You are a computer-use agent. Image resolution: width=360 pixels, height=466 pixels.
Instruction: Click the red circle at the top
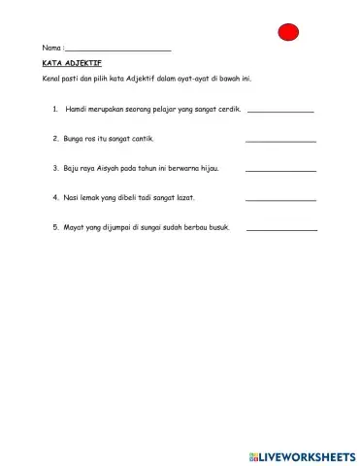[289, 32]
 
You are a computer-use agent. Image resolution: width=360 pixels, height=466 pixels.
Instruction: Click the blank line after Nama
[117, 49]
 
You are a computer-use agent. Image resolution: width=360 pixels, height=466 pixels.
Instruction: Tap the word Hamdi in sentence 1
[77, 109]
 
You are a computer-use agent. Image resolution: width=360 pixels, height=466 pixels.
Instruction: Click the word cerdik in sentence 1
[228, 109]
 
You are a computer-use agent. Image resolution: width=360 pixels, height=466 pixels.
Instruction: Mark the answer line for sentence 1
[280, 111]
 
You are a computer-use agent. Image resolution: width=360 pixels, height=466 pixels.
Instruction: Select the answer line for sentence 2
[280, 141]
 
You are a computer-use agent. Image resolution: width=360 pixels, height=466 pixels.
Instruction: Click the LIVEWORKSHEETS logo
[303, 455]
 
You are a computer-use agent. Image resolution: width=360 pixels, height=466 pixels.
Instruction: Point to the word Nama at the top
[51, 48]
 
